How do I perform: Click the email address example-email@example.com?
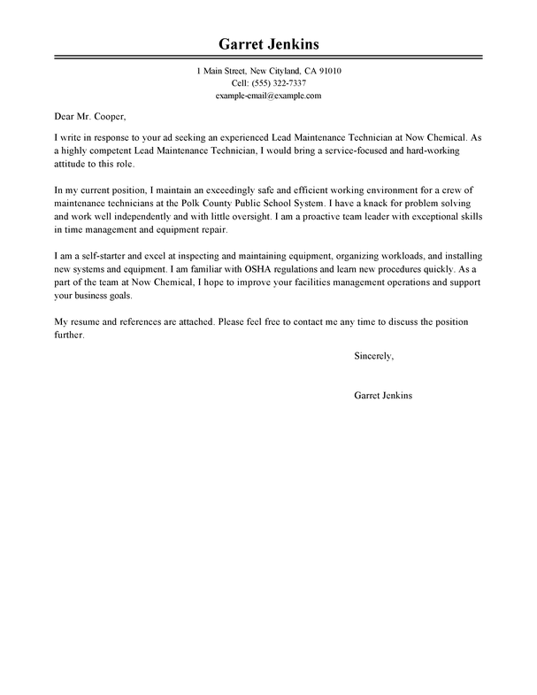click(x=268, y=95)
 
